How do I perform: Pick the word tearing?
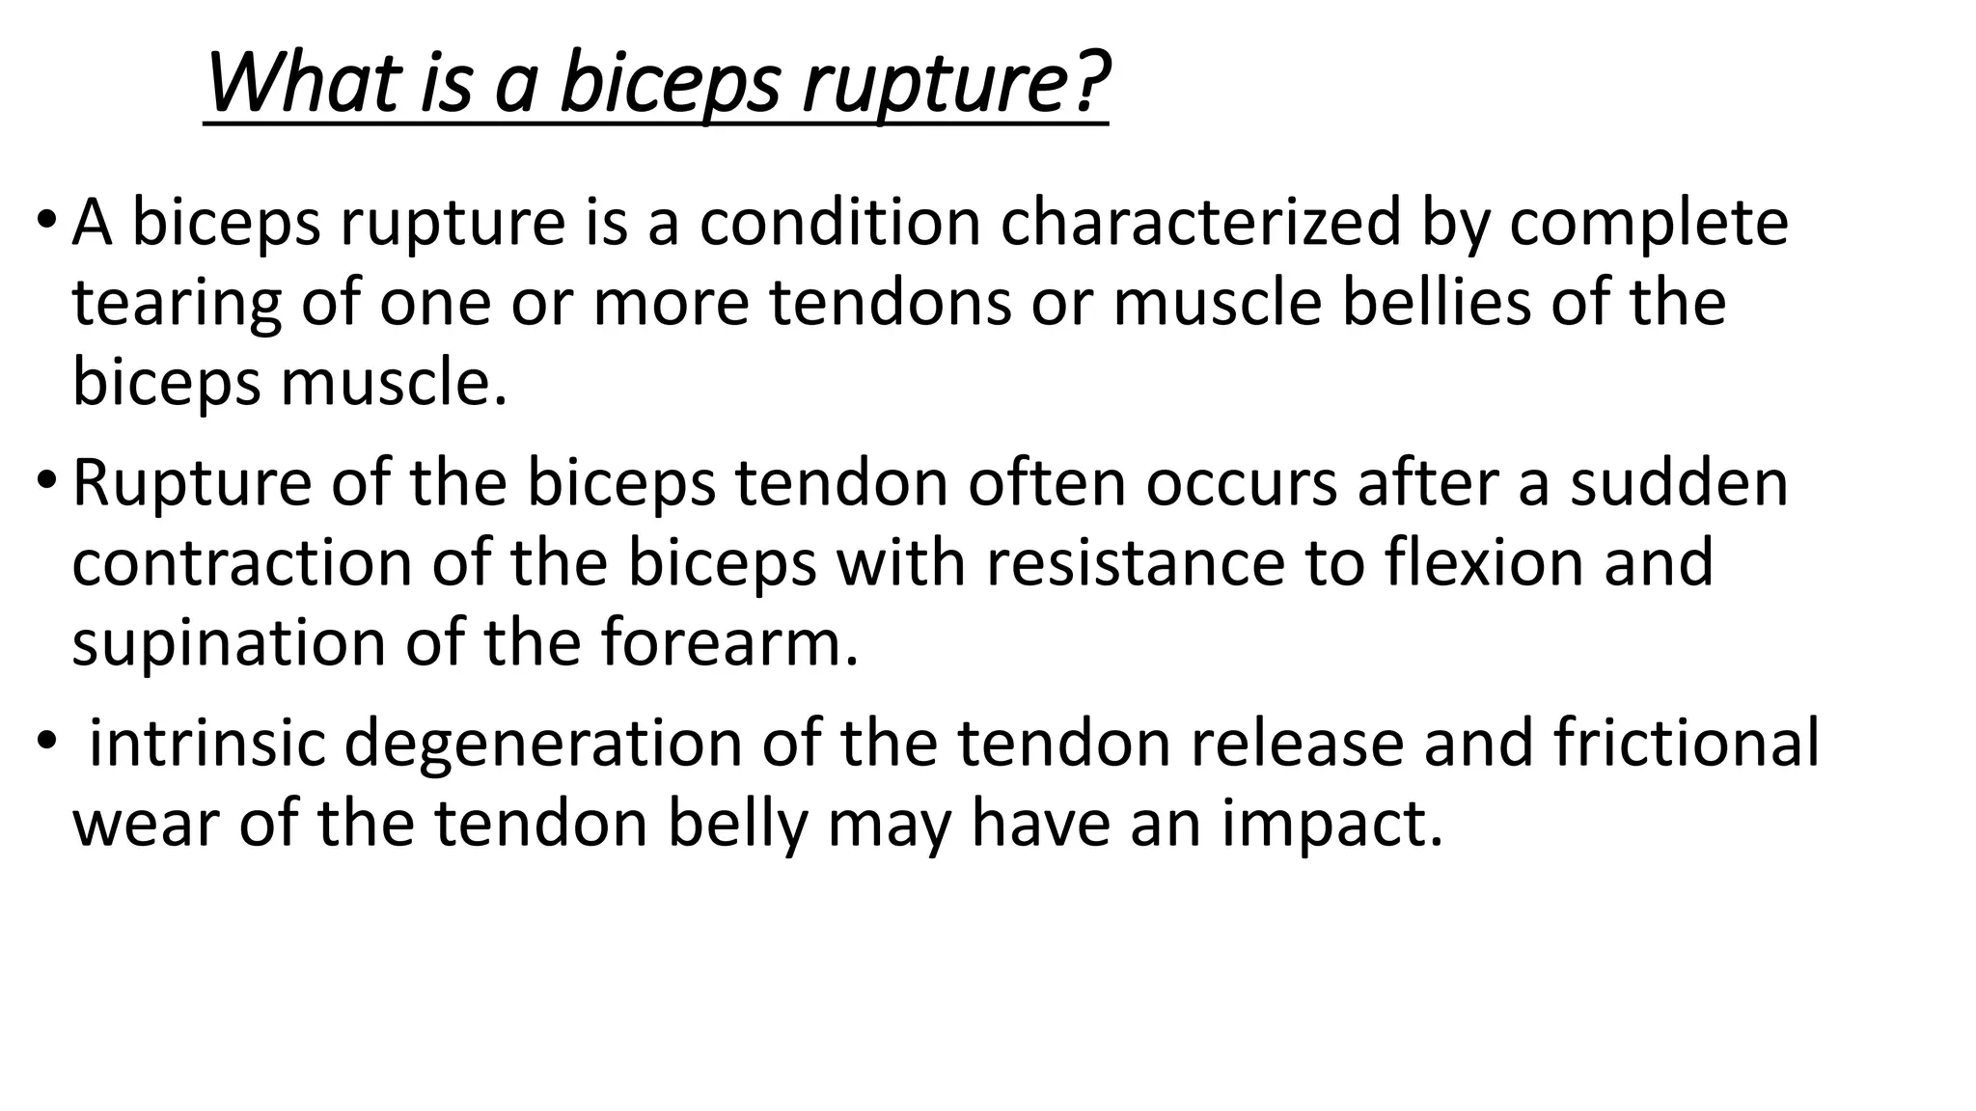click(x=177, y=304)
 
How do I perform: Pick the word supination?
click(x=229, y=644)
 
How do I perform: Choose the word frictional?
click(x=1686, y=743)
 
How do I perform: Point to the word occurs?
click(x=1241, y=482)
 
